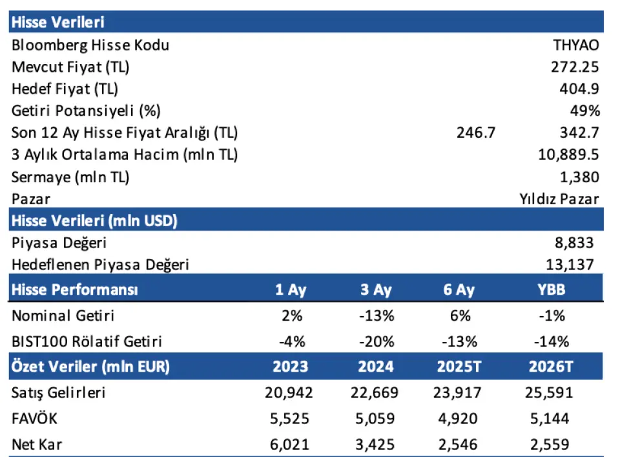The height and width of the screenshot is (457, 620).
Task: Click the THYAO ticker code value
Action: coord(575,45)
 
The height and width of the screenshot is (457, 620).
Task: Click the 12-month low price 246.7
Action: coord(475,133)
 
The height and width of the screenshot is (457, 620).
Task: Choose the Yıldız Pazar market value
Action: coord(559,199)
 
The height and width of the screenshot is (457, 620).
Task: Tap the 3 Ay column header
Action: coord(376,290)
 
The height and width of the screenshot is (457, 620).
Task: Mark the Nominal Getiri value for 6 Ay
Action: coord(457,317)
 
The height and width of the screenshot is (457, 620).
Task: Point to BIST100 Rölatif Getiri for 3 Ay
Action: coord(376,341)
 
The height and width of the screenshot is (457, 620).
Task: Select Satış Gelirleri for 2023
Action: coord(289,393)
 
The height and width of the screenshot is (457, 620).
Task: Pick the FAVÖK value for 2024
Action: coord(376,419)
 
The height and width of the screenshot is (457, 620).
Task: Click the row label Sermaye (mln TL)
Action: coord(69,177)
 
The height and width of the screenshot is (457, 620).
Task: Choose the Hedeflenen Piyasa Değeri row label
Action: coord(100,265)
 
